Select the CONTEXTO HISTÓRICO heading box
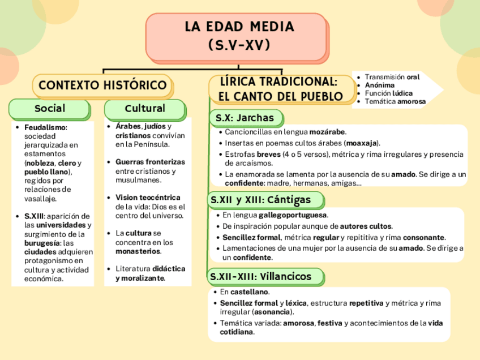102,86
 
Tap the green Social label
50,108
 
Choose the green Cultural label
145,108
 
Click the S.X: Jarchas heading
245,118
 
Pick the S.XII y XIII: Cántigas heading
261,200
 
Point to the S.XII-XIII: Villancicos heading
261,276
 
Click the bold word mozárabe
327,132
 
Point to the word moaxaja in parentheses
362,143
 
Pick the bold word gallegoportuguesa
293,215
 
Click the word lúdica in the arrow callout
402,93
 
